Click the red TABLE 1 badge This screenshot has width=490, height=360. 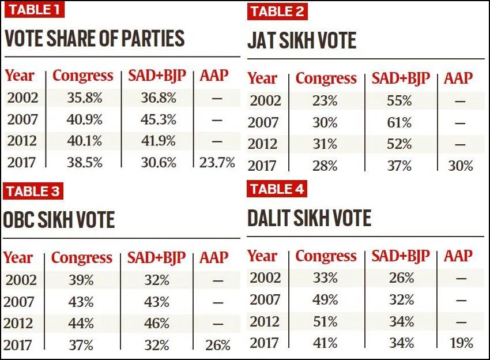[x=34, y=10]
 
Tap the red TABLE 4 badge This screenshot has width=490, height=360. [x=277, y=189]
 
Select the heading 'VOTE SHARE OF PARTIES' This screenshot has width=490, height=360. [x=95, y=39]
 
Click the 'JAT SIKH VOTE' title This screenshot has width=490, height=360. [x=301, y=40]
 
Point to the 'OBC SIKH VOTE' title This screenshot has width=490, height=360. [x=59, y=220]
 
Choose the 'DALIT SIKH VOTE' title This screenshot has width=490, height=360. [x=309, y=218]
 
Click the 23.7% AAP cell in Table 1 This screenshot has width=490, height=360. [x=217, y=163]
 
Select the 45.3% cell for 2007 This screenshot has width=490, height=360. [x=159, y=119]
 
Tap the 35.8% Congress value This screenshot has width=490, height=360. [x=83, y=97]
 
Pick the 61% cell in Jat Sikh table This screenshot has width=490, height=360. [x=399, y=122]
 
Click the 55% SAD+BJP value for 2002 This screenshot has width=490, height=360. [x=399, y=100]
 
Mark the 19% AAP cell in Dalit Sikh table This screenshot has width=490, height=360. [x=459, y=343]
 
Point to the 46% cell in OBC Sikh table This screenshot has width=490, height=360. [x=157, y=324]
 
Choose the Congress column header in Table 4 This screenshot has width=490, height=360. [x=326, y=256]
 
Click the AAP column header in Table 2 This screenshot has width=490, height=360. [x=458, y=78]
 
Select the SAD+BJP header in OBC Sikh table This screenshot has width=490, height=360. [x=156, y=258]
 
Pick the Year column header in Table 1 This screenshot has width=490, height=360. [x=20, y=76]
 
